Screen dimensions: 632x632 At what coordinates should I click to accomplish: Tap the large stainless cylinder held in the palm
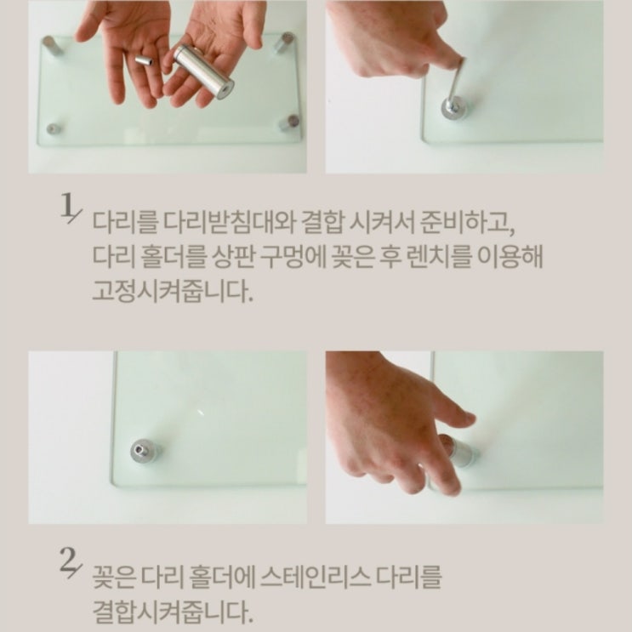[x=203, y=69]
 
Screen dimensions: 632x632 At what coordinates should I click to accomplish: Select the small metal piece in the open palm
[x=145, y=61]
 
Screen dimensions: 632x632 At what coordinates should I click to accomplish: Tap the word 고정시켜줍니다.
[x=173, y=291]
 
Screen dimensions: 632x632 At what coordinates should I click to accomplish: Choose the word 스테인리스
[x=316, y=577]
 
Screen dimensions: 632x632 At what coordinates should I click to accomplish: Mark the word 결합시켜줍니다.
[x=173, y=611]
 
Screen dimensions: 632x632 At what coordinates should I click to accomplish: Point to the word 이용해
[x=510, y=257]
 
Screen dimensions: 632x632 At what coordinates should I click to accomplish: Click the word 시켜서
[x=381, y=222]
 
